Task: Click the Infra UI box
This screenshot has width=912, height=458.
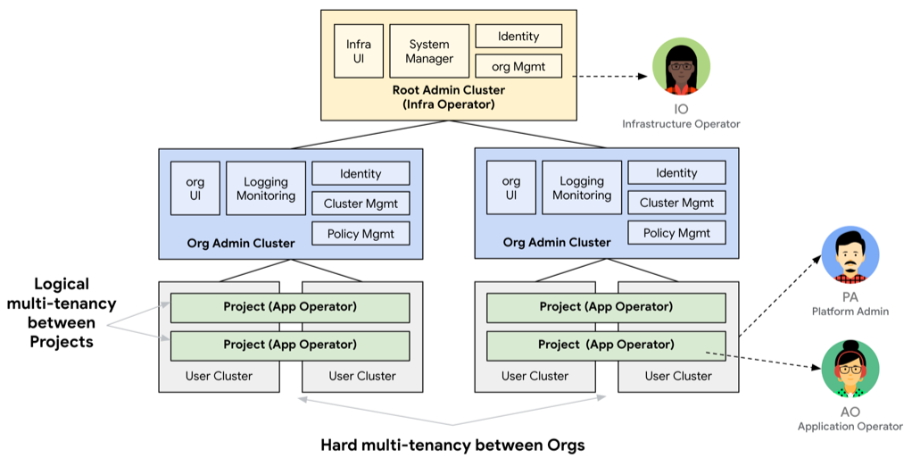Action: click(359, 52)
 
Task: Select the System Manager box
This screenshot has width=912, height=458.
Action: click(430, 52)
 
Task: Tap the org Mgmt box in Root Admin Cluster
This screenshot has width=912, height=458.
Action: click(518, 65)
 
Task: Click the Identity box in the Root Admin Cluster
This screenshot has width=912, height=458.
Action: click(518, 36)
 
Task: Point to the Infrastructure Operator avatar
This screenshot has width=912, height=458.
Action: click(681, 69)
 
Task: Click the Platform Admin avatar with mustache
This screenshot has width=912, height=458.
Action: click(850, 255)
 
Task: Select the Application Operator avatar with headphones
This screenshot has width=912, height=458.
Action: click(850, 370)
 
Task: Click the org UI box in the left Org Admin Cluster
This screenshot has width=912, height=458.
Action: click(195, 188)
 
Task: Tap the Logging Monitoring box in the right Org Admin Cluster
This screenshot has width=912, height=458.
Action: click(582, 188)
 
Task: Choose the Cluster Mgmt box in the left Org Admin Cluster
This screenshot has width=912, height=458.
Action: click(361, 203)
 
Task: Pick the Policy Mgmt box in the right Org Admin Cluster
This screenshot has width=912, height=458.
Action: click(676, 233)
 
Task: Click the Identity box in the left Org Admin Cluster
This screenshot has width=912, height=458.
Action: click(361, 173)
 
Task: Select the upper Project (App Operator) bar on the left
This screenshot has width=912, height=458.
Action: click(290, 307)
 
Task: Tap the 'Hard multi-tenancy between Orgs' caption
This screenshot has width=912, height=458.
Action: click(452, 444)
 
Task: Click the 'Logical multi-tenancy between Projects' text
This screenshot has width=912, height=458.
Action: click(61, 312)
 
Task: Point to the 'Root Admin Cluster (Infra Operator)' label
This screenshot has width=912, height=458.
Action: click(448, 97)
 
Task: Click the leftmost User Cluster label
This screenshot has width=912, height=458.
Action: click(219, 376)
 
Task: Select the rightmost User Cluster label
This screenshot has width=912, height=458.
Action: click(678, 376)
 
